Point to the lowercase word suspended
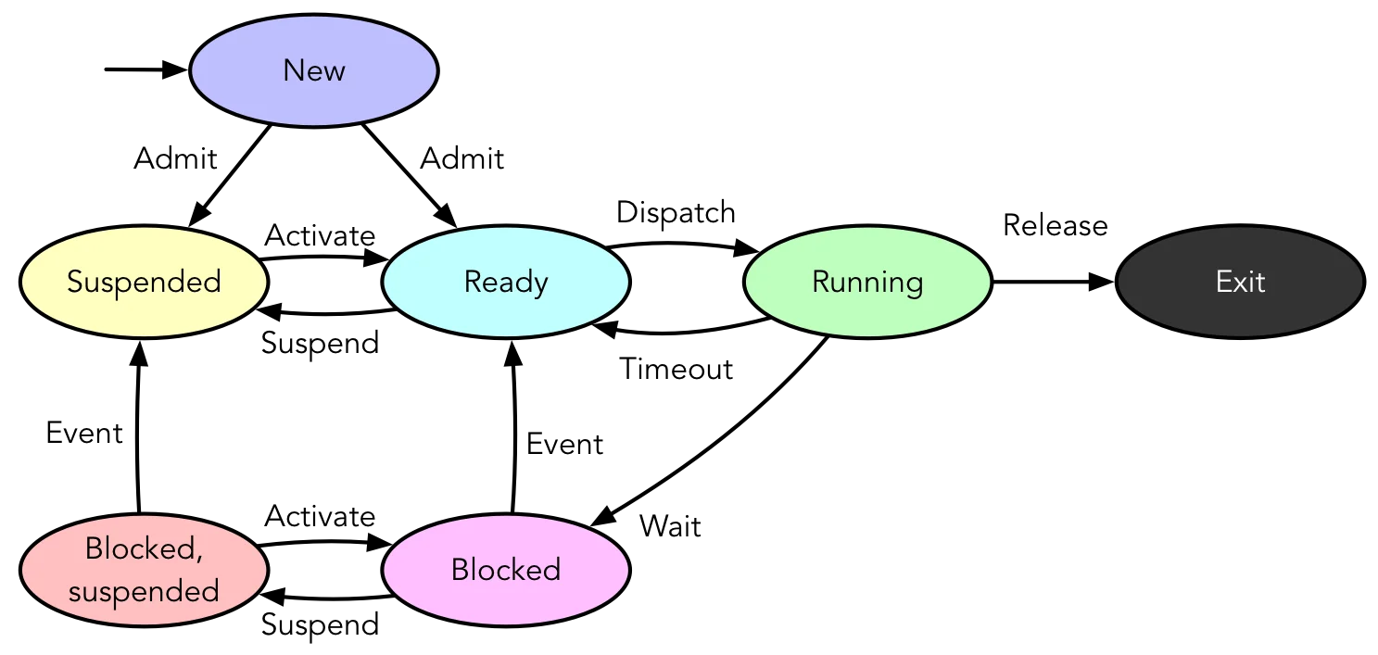tap(144, 591)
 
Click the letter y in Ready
tap(540, 285)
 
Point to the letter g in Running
tap(914, 285)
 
